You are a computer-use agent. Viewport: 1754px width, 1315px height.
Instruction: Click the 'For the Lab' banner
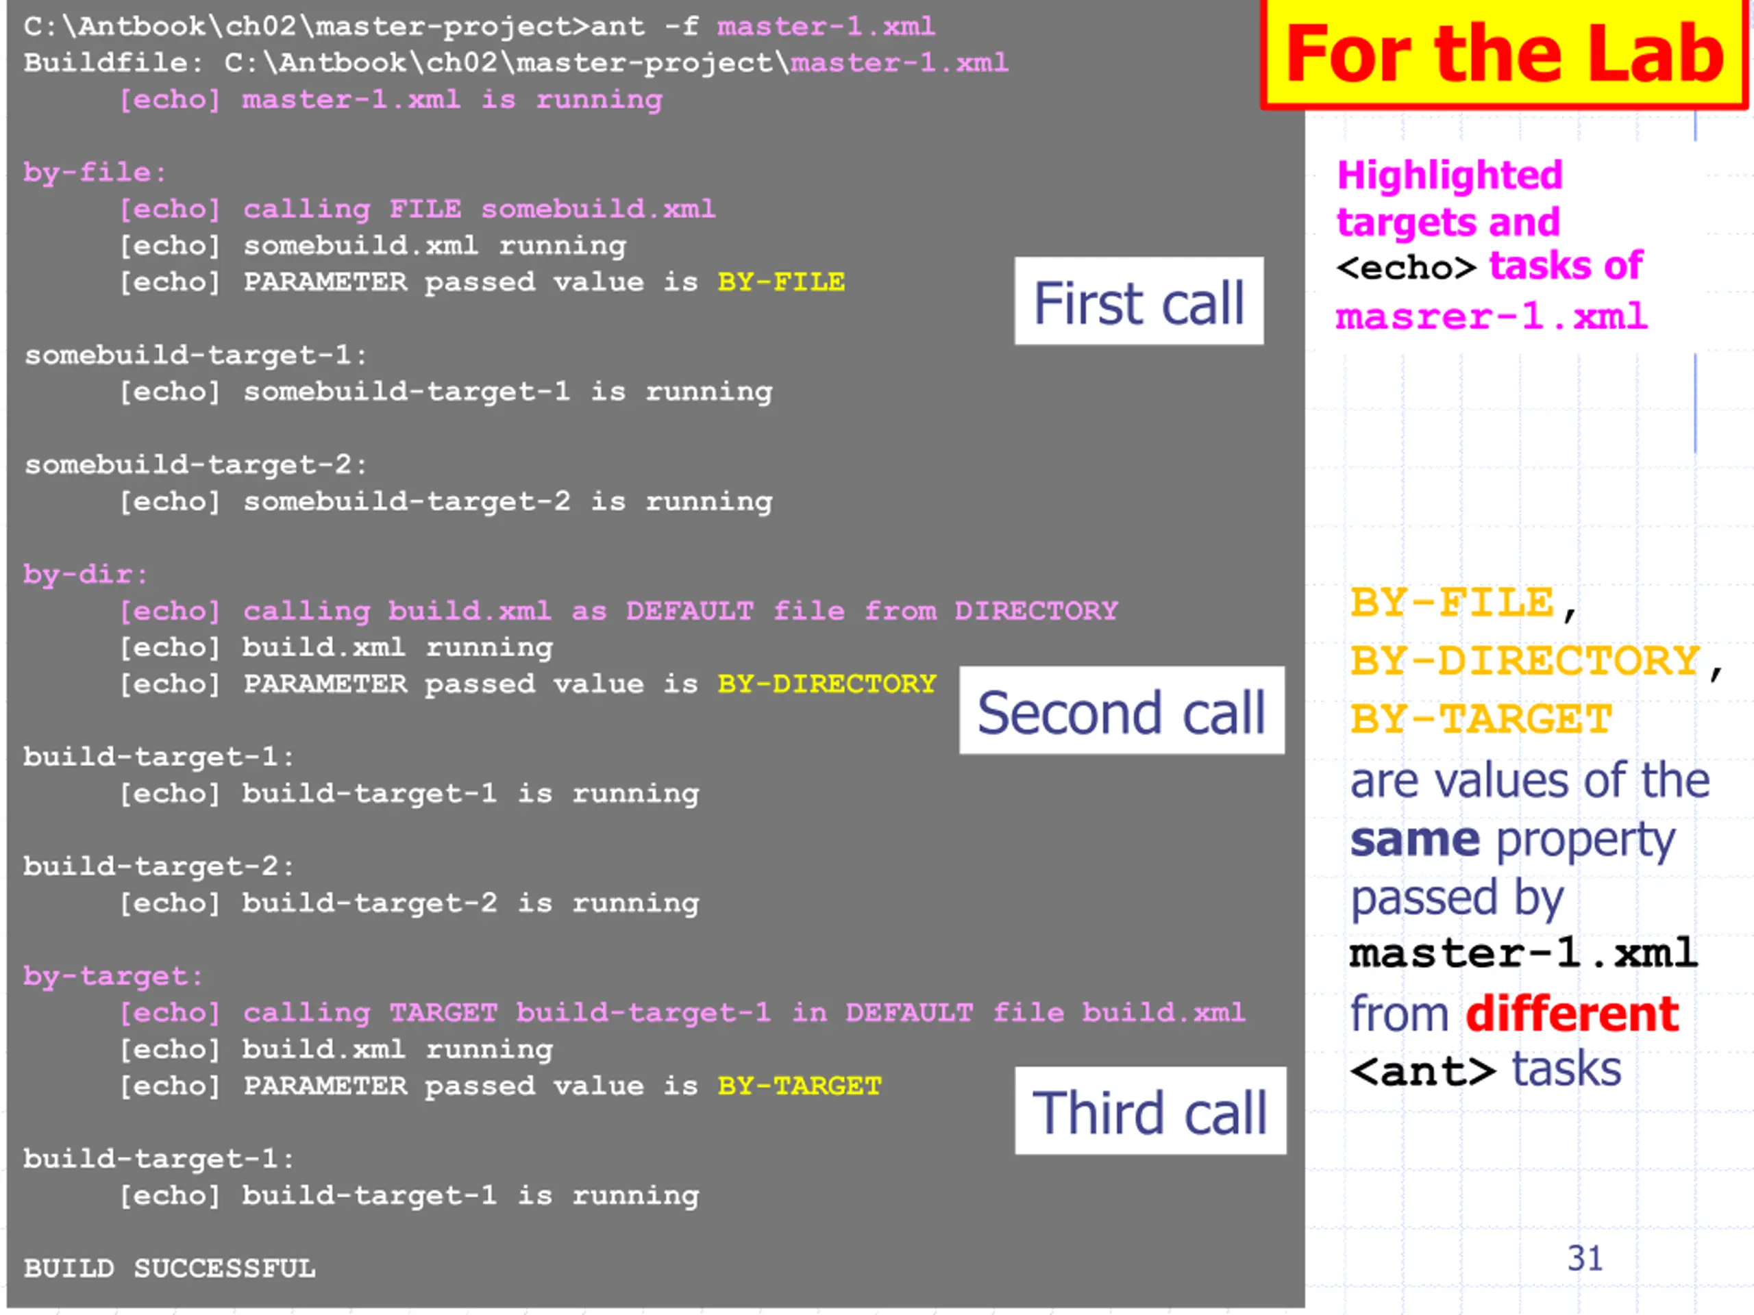1503,54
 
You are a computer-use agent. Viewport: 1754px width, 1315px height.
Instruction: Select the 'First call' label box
1139,302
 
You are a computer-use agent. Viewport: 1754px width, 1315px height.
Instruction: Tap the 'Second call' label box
1121,711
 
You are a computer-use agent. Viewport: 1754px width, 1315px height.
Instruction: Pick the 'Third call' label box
1150,1112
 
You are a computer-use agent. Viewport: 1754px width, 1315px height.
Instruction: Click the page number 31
1584,1259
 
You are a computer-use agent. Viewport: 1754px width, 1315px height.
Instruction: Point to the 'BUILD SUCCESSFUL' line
170,1268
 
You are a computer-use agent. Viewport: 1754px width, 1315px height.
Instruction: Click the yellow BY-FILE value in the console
781,282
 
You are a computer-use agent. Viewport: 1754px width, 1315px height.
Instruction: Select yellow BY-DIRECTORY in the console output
826,684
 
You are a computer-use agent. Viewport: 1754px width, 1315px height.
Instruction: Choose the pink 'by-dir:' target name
86,574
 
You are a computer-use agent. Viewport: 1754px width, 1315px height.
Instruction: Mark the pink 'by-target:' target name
113,976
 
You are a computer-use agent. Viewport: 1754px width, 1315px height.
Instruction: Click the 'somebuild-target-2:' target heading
196,464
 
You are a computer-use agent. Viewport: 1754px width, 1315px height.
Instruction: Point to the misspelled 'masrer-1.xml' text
1491,316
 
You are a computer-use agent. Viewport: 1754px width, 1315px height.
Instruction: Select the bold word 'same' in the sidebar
1415,840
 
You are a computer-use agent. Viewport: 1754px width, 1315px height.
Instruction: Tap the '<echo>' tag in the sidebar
1406,268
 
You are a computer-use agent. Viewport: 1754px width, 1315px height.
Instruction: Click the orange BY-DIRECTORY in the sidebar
1526,661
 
